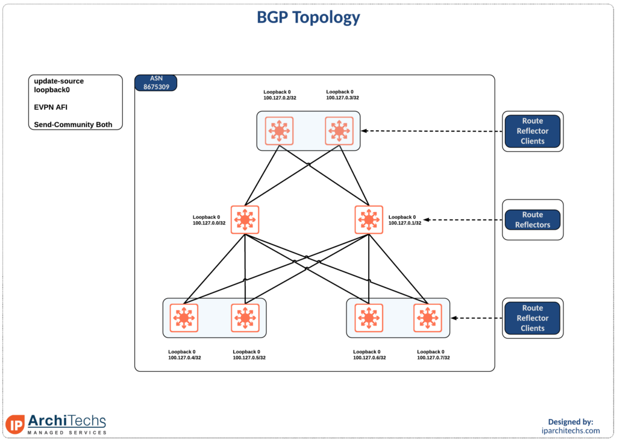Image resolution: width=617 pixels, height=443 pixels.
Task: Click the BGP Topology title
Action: pyautogui.click(x=308, y=17)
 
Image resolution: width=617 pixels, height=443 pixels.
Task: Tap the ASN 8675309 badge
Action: pyautogui.click(x=156, y=83)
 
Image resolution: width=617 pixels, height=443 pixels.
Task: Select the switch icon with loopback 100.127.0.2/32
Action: pyautogui.click(x=279, y=131)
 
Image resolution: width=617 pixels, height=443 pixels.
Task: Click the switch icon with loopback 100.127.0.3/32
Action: pyautogui.click(x=339, y=131)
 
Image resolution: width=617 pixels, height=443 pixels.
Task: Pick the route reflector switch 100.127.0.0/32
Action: pyautogui.click(x=245, y=220)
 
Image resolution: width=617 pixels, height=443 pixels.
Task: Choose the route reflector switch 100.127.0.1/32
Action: pyautogui.click(x=369, y=220)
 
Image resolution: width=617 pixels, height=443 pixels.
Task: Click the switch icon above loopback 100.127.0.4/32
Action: pyautogui.click(x=184, y=318)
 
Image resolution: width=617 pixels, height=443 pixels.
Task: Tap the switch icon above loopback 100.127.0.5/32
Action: pyautogui.click(x=245, y=318)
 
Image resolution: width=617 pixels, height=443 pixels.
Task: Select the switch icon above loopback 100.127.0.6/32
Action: pyautogui.click(x=369, y=318)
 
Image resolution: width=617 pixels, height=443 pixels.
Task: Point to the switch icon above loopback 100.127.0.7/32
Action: pyautogui.click(x=428, y=318)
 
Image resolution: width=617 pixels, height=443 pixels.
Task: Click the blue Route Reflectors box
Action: pyautogui.click(x=533, y=220)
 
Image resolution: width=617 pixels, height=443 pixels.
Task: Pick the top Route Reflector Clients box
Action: pyautogui.click(x=533, y=131)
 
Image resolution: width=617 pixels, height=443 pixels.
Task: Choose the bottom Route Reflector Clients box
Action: pyautogui.click(x=533, y=318)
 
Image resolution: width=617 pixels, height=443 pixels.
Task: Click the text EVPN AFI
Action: pyautogui.click(x=51, y=107)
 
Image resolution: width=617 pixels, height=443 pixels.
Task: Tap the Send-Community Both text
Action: pyautogui.click(x=73, y=124)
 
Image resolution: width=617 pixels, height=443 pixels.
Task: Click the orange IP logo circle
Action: pyautogui.click(x=16, y=424)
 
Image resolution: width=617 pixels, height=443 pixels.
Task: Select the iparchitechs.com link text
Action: pyautogui.click(x=571, y=430)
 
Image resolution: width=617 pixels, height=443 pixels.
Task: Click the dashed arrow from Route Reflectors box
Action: pyautogui.click(x=463, y=220)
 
